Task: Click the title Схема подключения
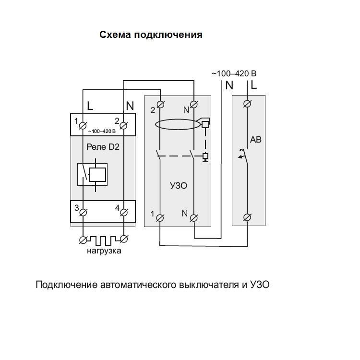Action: tap(151, 35)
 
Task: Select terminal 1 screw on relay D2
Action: tap(83, 126)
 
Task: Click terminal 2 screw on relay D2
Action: tap(123, 126)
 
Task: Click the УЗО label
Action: tap(178, 185)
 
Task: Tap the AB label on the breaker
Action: tap(256, 141)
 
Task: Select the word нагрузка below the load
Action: tap(104, 251)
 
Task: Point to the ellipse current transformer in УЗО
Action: tap(178, 124)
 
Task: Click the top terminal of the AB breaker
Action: tap(247, 104)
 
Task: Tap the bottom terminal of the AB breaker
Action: tap(247, 217)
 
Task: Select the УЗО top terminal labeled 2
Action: tap(159, 104)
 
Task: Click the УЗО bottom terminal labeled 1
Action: tap(159, 217)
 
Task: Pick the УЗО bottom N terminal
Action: tap(194, 217)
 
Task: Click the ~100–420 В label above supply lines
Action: tap(234, 74)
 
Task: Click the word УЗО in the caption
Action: tap(260, 285)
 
